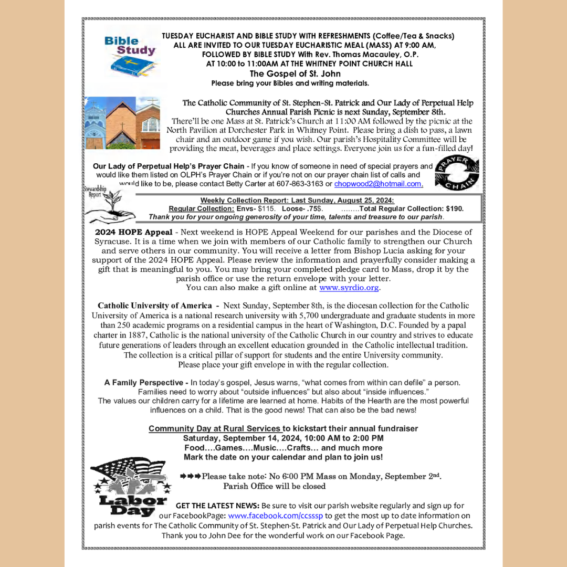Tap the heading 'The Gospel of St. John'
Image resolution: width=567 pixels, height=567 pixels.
(295, 74)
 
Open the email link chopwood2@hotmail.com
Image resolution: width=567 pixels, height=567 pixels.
(378, 184)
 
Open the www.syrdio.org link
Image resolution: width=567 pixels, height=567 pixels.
(349, 288)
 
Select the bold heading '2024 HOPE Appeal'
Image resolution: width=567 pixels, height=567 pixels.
(133, 232)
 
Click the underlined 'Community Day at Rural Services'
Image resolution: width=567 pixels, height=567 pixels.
(215, 428)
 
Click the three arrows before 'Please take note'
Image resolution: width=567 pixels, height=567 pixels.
(190, 476)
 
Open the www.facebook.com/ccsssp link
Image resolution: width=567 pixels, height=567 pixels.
(275, 516)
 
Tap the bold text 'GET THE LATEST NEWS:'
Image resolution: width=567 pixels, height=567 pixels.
(217, 506)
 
